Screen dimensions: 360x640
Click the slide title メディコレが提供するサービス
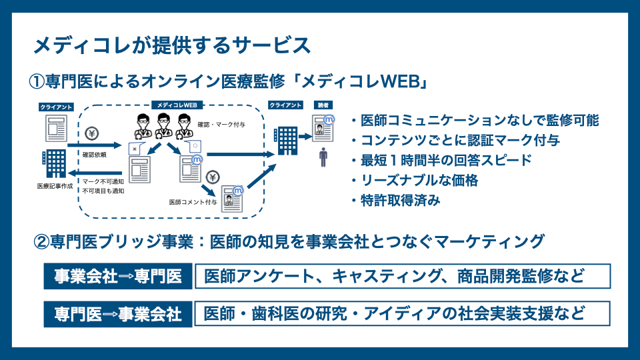tap(172, 46)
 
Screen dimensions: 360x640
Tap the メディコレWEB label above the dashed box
tap(178, 105)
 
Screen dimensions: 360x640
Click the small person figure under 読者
tap(324, 158)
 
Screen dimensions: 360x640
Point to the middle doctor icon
tap(163, 125)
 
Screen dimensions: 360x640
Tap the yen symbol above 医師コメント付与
tap(213, 177)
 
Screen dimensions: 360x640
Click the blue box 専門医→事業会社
tap(118, 314)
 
